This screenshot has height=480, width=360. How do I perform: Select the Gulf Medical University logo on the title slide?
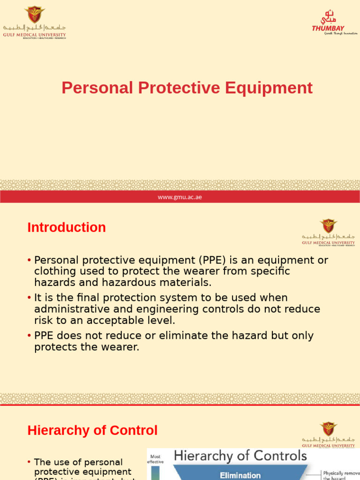point(34,22)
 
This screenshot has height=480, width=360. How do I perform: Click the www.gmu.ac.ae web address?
point(180,197)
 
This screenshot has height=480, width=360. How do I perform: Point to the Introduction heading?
point(67,228)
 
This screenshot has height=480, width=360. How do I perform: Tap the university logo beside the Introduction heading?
point(328,232)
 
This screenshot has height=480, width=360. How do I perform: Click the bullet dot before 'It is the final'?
point(30,298)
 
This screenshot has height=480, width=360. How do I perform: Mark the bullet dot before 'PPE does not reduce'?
point(30,336)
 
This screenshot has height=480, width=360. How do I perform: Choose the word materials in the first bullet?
point(187,283)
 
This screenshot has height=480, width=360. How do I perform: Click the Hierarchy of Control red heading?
point(92,430)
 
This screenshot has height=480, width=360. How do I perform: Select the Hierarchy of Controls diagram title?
point(240,456)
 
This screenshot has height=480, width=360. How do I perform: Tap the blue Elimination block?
point(240,475)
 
